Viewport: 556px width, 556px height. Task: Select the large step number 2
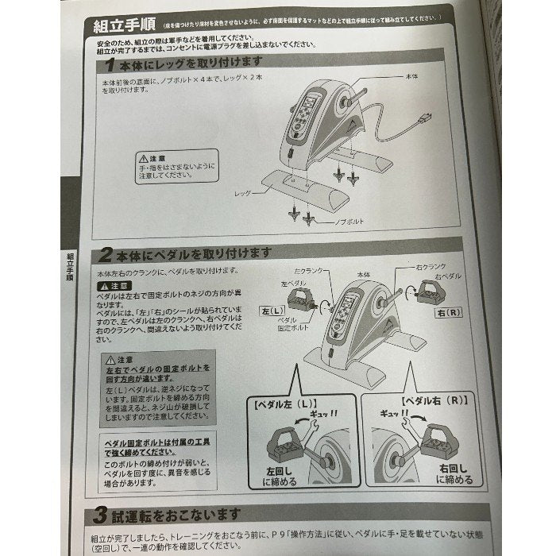pos(106,254)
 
